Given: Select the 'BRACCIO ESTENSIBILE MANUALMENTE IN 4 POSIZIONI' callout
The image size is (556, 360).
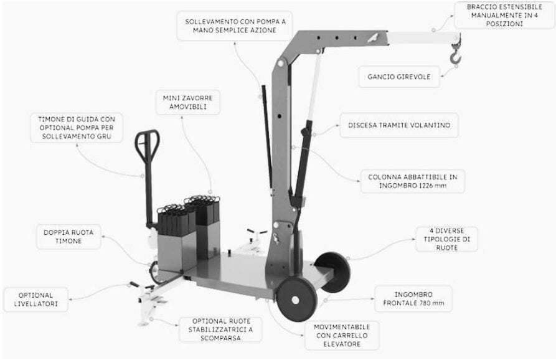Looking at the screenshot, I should pos(504,15).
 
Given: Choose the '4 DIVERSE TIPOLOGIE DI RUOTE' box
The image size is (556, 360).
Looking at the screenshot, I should pos(447,239).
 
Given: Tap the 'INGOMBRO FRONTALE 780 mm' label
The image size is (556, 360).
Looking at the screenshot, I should pos(412,299).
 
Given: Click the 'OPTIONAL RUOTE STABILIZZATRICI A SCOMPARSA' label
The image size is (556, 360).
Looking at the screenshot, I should pos(220,329).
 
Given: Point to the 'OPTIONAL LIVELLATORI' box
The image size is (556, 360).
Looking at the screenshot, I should pos(35,300).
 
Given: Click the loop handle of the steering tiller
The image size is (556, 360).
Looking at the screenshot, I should pos(147,147).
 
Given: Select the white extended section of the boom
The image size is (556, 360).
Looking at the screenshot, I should pos(423,38).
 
